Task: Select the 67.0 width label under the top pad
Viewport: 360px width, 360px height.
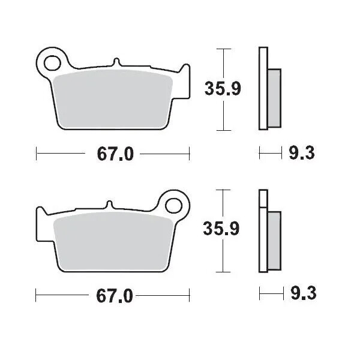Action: pos(112,154)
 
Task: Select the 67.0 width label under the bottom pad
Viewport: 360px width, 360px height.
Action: pos(112,296)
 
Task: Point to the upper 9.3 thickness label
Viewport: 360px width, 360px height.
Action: pos(302,154)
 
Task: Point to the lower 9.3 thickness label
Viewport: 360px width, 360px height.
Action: pos(302,295)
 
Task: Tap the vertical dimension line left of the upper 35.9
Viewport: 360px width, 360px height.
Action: pos(224,89)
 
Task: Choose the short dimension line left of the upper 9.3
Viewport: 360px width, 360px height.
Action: pos(271,154)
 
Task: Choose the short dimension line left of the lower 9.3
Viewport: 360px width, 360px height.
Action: pos(271,295)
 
